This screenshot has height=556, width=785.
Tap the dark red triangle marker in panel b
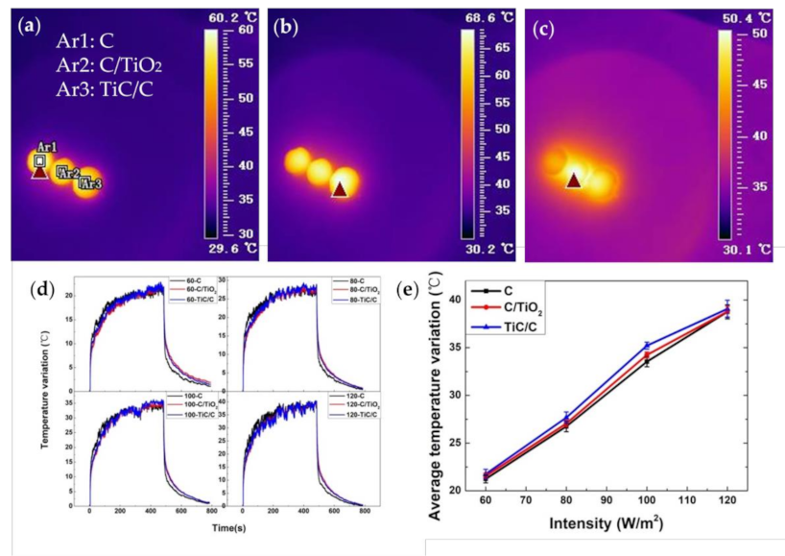(x=340, y=189)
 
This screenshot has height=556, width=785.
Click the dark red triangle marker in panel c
(x=574, y=180)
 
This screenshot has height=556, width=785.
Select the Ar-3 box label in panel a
(x=91, y=182)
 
